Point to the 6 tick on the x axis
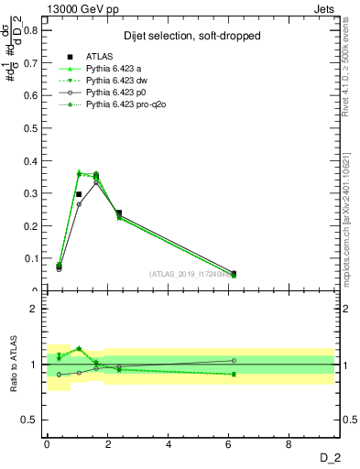[229, 444]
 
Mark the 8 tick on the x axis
[289, 444]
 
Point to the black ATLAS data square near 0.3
[79, 194]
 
